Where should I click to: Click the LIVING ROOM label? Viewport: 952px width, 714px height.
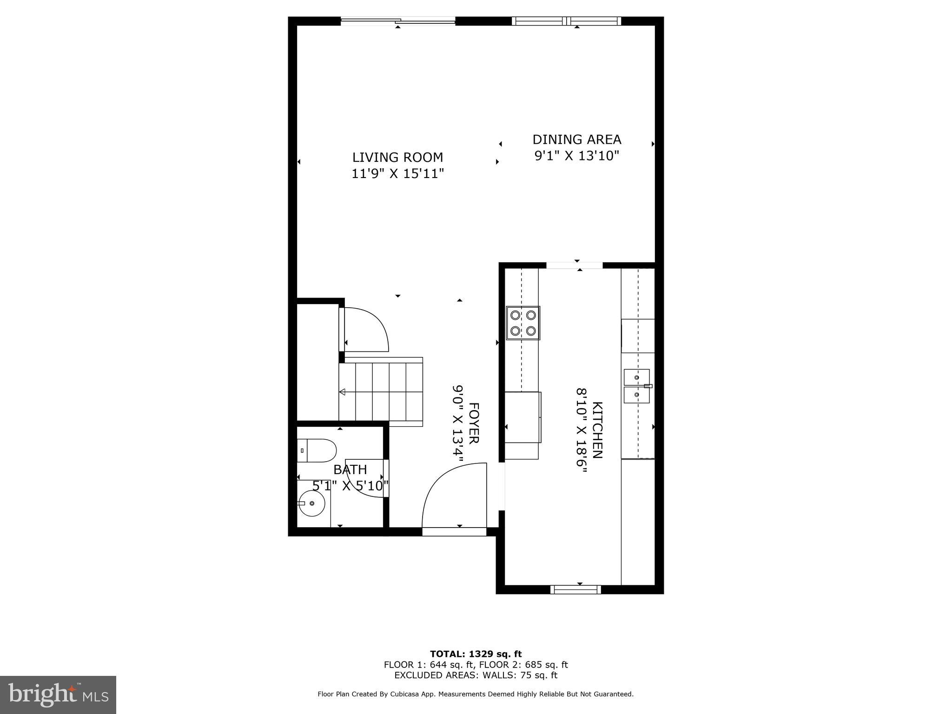(397, 157)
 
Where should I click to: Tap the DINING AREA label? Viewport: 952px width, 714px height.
(576, 139)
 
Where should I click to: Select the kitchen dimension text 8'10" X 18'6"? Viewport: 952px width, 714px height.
(582, 430)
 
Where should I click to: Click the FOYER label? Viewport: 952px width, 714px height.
(473, 423)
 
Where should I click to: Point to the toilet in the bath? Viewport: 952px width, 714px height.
(317, 450)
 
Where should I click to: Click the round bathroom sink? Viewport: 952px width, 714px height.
(312, 503)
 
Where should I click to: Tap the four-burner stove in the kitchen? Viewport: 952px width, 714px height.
(523, 323)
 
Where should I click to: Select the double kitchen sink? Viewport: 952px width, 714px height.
(637, 386)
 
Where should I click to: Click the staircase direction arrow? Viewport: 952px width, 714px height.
(343, 392)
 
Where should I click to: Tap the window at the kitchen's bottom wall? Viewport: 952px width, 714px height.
(575, 589)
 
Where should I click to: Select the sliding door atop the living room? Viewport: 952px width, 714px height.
(398, 20)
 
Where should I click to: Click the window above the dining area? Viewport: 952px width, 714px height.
(566, 20)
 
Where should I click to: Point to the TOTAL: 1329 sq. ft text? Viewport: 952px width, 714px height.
(476, 654)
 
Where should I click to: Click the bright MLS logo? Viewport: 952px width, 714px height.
(58, 695)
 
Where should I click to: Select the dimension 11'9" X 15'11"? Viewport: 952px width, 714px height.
(397, 174)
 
